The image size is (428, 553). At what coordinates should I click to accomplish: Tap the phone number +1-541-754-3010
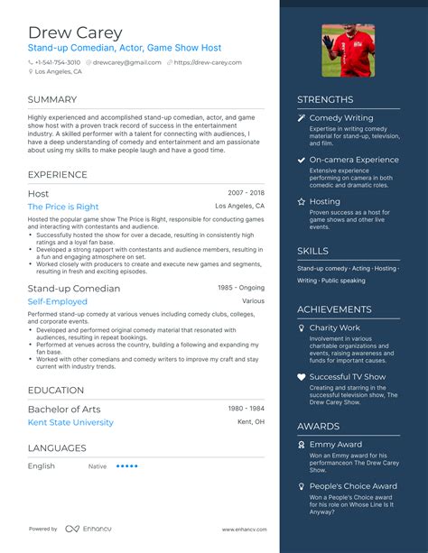coord(57,62)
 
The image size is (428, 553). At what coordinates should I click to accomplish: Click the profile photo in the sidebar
coord(348,51)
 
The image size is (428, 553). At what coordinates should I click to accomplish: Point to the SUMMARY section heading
coord(52,99)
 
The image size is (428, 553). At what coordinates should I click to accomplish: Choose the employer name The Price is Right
coord(63,207)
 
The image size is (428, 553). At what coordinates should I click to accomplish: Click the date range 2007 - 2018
coord(246,193)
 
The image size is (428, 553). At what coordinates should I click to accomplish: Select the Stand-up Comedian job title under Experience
coord(74,289)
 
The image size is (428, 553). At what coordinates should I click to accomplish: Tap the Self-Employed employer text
coord(56,302)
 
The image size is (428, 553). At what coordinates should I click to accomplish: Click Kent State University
coord(70,422)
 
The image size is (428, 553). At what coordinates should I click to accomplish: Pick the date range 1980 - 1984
coord(246,409)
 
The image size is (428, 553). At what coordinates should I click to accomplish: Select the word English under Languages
coord(42,466)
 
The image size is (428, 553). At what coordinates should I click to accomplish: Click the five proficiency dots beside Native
coord(127,466)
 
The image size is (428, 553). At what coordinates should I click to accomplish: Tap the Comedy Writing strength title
coord(340,118)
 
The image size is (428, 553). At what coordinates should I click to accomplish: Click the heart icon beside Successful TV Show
coord(302,377)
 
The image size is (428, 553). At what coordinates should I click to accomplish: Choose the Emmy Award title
coord(335,444)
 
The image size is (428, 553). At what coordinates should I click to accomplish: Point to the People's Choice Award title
coord(352,486)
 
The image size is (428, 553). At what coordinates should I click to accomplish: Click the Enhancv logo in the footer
coord(86,529)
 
